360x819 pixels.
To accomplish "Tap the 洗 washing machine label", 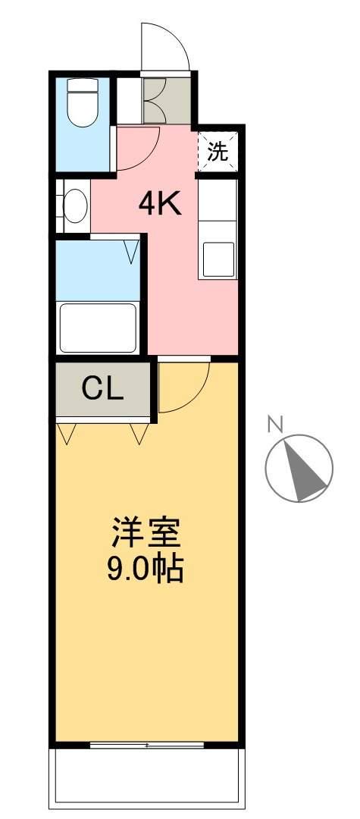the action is pos(218,152).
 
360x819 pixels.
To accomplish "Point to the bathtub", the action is pos(98,328).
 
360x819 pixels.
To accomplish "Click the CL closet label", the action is pos(103,388).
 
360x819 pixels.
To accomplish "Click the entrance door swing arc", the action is pos(180,36).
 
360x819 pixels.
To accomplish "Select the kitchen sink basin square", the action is pos(218,259).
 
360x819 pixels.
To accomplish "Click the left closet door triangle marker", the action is pos(66,434).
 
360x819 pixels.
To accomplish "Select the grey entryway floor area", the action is pos(167,102).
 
